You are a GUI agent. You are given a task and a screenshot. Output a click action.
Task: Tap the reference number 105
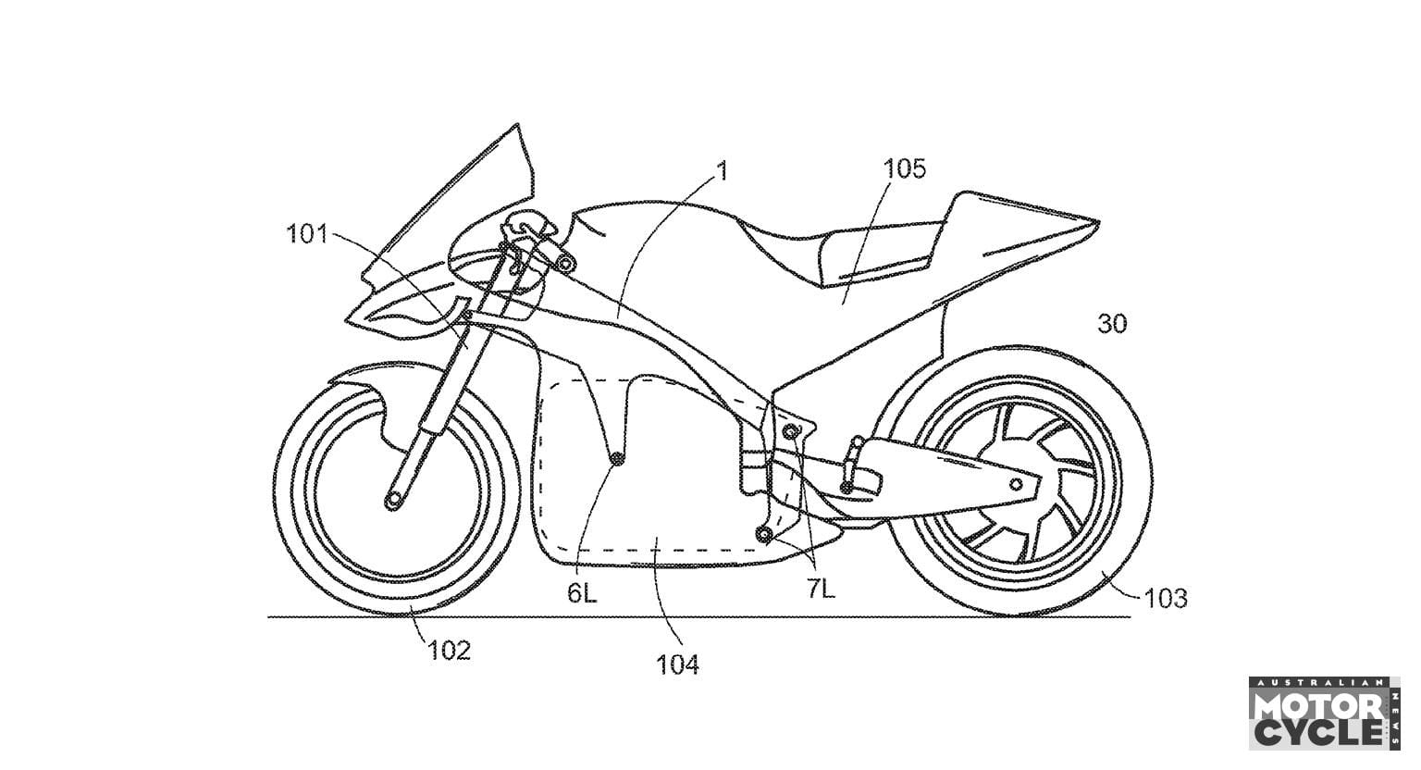pos(904,168)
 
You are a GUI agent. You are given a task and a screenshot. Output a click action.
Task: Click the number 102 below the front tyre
pos(449,650)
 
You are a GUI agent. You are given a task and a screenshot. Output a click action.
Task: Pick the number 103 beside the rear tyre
pos(1165,599)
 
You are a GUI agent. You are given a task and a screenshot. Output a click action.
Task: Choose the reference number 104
pos(677,664)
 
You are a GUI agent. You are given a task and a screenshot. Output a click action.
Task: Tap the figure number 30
pos(1112,324)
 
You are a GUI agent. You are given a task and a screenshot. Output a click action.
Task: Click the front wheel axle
pos(395,501)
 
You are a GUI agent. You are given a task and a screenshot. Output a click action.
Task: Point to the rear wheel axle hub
pos(1015,484)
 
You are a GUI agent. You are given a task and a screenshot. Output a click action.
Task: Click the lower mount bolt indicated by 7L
pos(764,533)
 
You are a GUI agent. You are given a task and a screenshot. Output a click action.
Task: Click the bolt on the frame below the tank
pos(564,265)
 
